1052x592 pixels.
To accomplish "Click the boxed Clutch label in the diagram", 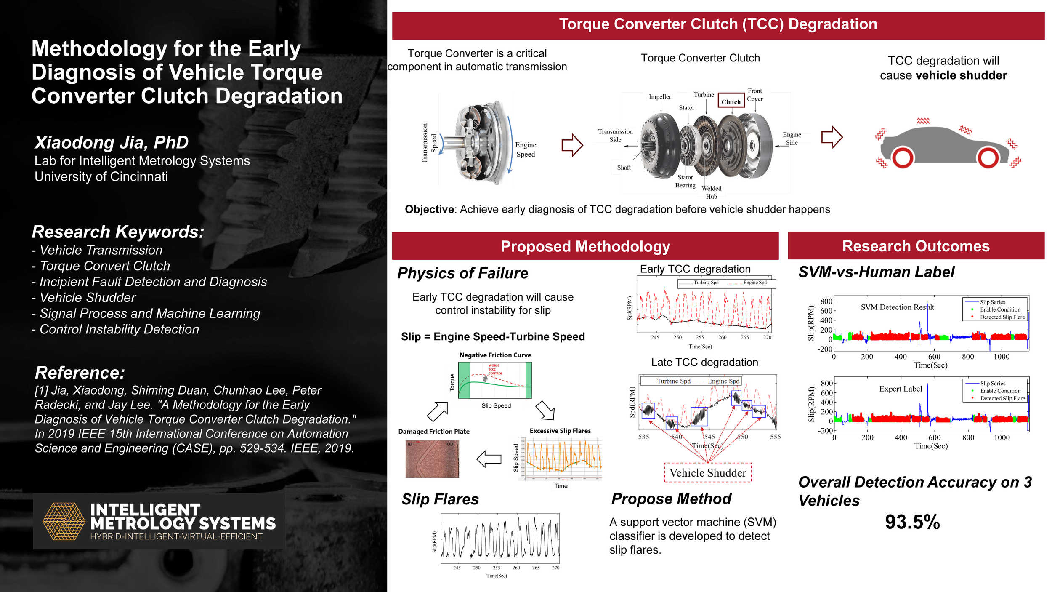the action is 731,101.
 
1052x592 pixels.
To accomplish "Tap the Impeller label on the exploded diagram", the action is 660,97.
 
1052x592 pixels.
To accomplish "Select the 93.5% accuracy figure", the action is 912,522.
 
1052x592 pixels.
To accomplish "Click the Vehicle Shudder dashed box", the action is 708,473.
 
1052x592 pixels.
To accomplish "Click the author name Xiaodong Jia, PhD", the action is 112,142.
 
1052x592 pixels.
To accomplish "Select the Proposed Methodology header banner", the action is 585,246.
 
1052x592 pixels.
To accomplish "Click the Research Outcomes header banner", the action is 916,246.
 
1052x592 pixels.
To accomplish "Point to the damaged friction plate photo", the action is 432,459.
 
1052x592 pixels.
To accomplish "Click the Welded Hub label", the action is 711,192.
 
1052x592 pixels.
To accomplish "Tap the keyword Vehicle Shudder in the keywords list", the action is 88,298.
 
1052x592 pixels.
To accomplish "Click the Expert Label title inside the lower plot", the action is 901,389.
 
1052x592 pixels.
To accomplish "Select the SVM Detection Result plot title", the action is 897,307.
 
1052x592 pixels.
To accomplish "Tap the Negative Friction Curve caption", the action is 495,355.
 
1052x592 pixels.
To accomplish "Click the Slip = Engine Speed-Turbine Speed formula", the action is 493,336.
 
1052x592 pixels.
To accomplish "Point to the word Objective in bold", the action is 429,209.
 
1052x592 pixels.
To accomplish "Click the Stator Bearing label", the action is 685,181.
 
